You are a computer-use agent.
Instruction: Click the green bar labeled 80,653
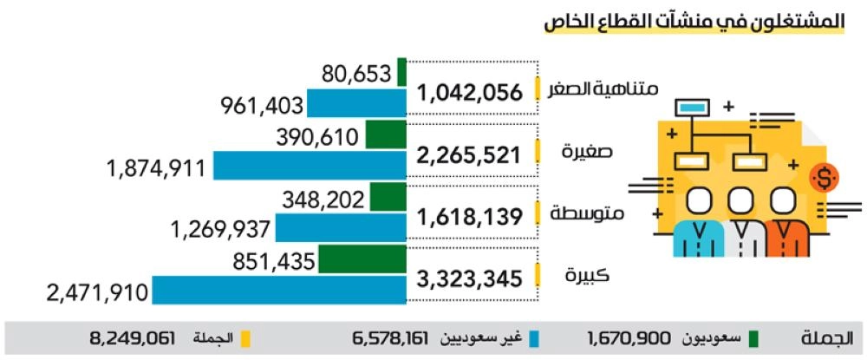[402, 73]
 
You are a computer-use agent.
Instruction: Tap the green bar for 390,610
[386, 134]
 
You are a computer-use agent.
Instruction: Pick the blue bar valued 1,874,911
[310, 166]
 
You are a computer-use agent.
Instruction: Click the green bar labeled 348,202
[388, 197]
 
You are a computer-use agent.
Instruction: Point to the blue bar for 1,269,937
[341, 227]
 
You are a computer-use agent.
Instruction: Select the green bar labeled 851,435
[362, 259]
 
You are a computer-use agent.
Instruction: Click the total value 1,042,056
[471, 93]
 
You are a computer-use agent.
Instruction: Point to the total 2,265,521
[471, 155]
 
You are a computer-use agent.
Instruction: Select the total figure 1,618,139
[471, 217]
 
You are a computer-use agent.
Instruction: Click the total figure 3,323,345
[471, 279]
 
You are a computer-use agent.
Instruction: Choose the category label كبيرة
[586, 277]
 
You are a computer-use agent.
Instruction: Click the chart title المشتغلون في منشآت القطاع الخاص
[694, 23]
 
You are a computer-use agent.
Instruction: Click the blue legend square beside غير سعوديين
[535, 337]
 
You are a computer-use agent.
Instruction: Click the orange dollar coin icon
[823, 179]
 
